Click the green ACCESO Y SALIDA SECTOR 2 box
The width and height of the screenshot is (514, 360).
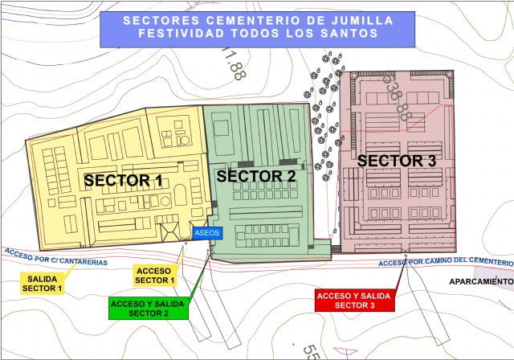pos(147,307)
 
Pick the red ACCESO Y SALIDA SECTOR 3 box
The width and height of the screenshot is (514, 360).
pos(353,301)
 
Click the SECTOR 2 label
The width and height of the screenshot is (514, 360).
pos(256,176)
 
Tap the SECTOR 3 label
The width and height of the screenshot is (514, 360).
pos(396,161)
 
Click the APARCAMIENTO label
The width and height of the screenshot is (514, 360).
pos(481,282)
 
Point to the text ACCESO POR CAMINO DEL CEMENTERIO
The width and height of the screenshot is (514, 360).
pos(444,263)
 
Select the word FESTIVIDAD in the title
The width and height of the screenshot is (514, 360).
pos(184,34)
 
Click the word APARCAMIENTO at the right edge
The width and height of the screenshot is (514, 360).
pos(481,282)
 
